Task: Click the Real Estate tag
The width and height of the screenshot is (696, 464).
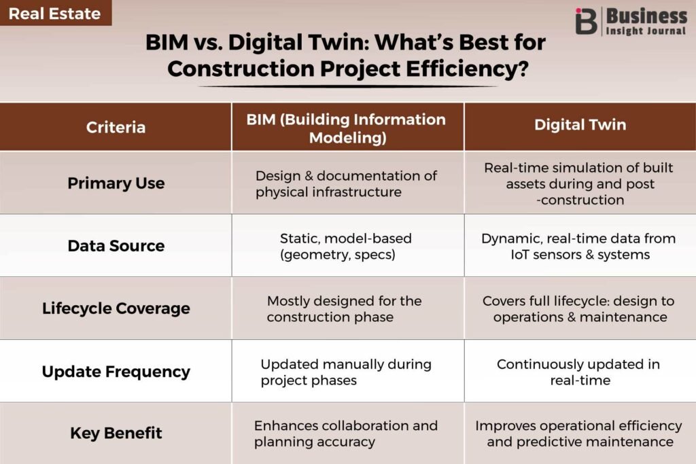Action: [55, 13]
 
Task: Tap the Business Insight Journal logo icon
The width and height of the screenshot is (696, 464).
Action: [586, 21]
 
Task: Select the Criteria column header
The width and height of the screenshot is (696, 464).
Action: [116, 127]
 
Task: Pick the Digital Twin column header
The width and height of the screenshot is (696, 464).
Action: [580, 124]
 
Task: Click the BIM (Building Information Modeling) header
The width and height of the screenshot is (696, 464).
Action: [346, 128]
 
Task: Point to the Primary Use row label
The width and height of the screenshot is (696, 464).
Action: [116, 183]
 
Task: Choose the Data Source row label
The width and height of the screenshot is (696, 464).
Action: [116, 246]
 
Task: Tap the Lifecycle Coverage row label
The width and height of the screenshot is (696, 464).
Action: [116, 308]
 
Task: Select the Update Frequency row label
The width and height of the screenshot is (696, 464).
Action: [116, 372]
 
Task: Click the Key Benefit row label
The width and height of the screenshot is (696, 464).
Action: [116, 433]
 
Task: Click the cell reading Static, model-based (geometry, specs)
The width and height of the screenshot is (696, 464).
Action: [345, 246]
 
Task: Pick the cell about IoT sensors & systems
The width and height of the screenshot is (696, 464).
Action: [578, 246]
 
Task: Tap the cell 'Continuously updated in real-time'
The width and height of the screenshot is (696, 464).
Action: [578, 372]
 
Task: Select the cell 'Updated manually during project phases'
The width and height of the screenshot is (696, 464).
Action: [346, 372]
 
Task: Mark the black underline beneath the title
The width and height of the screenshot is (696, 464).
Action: [348, 86]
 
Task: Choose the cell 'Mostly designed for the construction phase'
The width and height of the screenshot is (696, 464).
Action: [344, 308]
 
